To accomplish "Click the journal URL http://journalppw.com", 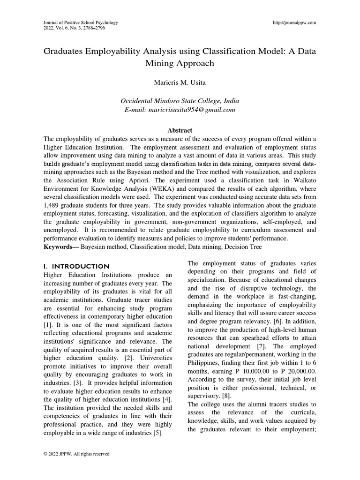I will pos(294,22).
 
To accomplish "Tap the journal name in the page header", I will pos(80,22).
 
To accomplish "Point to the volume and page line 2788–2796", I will pos(74,28).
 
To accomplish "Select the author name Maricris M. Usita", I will pos(180,82).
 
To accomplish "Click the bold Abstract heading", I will pos(180,130).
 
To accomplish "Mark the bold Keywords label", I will pos(61,247).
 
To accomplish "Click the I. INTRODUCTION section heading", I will pos(76,266).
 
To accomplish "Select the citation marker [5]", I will pos(157,433).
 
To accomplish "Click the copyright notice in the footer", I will pos(76,454).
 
